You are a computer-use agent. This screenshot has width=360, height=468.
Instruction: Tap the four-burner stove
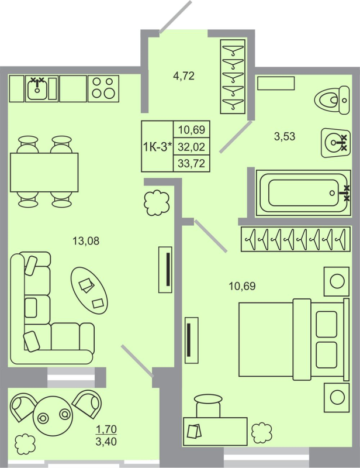103,88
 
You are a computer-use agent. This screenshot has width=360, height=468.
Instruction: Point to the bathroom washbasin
335,142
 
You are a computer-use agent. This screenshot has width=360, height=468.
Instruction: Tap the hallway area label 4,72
183,75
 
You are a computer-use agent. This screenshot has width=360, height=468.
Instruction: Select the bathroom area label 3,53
285,137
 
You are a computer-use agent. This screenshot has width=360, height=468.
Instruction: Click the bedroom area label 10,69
243,286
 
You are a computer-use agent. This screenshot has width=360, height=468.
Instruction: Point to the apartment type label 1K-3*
157,146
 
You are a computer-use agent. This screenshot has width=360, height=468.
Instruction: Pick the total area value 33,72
191,163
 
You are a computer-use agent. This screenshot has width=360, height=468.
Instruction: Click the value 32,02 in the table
191,146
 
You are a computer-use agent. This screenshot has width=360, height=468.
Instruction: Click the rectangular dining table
44,172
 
